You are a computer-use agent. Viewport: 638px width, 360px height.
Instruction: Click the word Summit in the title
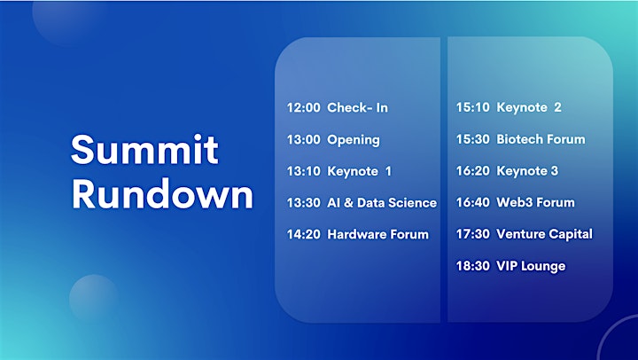[x=144, y=150]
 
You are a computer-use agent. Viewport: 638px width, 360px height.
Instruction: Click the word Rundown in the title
[x=162, y=194]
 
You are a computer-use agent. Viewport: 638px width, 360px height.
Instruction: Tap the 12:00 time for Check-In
[x=304, y=107]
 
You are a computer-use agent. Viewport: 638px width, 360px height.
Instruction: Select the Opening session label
[x=354, y=140]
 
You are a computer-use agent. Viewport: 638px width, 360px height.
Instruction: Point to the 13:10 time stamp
[x=304, y=171]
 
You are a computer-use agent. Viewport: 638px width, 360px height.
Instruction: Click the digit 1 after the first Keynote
[x=389, y=171]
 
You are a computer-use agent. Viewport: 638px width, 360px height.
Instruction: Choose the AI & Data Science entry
[x=382, y=203]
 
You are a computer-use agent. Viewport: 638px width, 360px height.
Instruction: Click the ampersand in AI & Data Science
[x=348, y=203]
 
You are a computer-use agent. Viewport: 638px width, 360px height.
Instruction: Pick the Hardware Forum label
[x=378, y=234]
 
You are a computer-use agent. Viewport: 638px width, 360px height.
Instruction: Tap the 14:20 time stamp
[x=304, y=234]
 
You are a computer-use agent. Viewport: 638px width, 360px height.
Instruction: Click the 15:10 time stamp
[x=473, y=107]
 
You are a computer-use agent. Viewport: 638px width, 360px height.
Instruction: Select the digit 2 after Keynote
[x=557, y=107]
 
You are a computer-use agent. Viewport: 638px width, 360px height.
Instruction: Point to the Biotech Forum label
[x=541, y=139]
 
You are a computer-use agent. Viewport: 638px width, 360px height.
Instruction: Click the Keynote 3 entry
[x=527, y=171]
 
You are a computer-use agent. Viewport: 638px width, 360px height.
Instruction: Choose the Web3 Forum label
[x=535, y=202]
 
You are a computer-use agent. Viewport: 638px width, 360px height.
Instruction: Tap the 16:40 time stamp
[x=473, y=202]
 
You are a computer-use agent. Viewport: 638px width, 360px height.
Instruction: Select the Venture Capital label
[x=544, y=234]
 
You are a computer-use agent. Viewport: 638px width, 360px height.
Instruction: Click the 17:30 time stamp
[x=473, y=234]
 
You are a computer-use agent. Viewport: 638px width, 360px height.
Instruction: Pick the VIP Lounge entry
[x=531, y=266]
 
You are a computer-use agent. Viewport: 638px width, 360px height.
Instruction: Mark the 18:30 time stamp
[x=473, y=266]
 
